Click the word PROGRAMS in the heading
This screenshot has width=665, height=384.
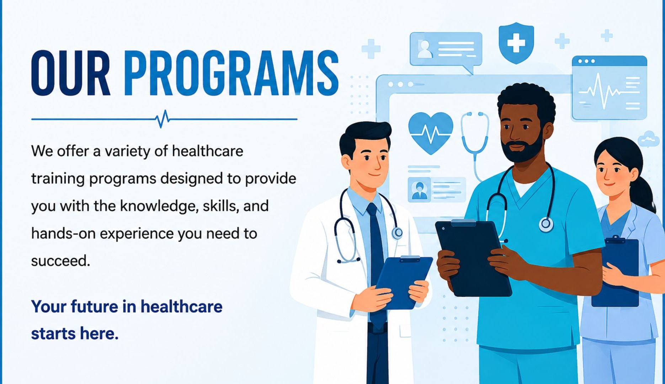pyautogui.click(x=231, y=73)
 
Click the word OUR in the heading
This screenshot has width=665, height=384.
pyautogui.click(x=71, y=73)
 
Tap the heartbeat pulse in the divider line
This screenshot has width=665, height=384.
pyautogui.click(x=162, y=119)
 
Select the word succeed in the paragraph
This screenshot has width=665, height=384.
pyautogui.click(x=60, y=261)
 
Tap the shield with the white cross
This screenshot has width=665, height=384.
pyautogui.click(x=516, y=43)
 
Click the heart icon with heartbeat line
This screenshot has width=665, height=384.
pyautogui.click(x=431, y=132)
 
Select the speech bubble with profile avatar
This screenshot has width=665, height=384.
pyautogui.click(x=446, y=51)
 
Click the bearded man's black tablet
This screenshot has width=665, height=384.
pyautogui.click(x=473, y=258)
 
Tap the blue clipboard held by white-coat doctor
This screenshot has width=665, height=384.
pyautogui.click(x=404, y=282)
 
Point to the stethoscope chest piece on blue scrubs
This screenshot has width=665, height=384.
pyautogui.click(x=546, y=224)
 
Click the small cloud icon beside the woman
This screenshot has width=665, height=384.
pyautogui.click(x=649, y=139)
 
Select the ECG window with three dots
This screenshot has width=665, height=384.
pyautogui.click(x=609, y=88)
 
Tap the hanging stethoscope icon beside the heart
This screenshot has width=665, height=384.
pyautogui.click(x=475, y=142)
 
